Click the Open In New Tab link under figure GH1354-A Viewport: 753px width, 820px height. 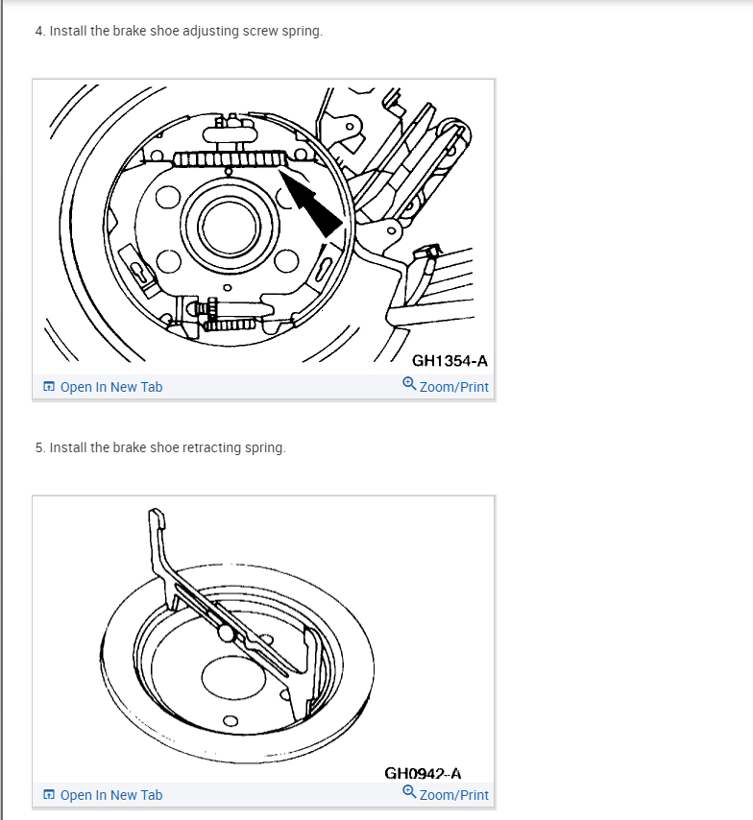click(x=110, y=387)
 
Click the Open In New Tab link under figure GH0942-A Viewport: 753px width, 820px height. click(x=110, y=795)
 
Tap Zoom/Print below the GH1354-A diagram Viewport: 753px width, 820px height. click(x=453, y=387)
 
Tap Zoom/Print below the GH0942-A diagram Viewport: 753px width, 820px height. click(x=453, y=795)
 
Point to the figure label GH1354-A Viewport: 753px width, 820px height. click(x=449, y=361)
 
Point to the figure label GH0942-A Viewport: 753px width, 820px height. click(x=423, y=773)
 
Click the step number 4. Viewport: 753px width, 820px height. click(x=38, y=31)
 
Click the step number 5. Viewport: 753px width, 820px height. click(x=38, y=447)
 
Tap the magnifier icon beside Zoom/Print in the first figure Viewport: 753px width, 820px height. click(x=409, y=386)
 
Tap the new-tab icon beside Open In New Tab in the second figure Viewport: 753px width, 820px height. click(x=49, y=795)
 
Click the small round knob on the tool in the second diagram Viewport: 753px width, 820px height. click(x=228, y=633)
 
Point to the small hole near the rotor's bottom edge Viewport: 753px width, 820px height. click(x=230, y=722)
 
